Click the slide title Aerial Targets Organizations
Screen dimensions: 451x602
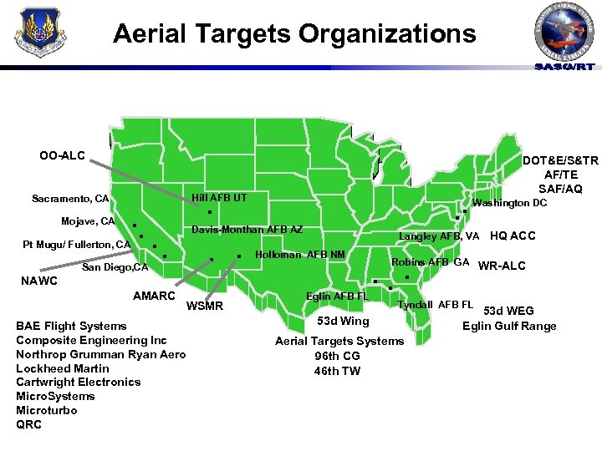coord(294,34)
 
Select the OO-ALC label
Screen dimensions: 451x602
coord(62,155)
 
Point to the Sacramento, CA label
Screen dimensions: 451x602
coord(70,199)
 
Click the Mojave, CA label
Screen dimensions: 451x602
coord(88,221)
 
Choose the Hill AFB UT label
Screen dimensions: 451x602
coord(219,197)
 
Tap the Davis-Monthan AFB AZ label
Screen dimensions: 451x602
coord(247,230)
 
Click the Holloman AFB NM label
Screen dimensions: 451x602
coord(299,254)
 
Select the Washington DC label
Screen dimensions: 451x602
coord(509,203)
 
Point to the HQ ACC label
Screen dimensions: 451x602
coord(513,236)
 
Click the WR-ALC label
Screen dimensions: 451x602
coord(502,266)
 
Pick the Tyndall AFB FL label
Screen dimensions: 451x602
coord(435,304)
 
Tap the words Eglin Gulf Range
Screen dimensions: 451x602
coord(509,326)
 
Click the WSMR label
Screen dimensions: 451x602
coord(204,306)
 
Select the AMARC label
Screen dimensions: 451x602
coord(154,296)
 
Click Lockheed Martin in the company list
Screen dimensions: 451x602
coord(63,368)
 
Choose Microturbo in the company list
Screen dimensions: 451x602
coord(46,410)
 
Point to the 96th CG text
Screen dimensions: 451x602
coord(337,356)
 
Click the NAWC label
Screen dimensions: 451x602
coord(38,281)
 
